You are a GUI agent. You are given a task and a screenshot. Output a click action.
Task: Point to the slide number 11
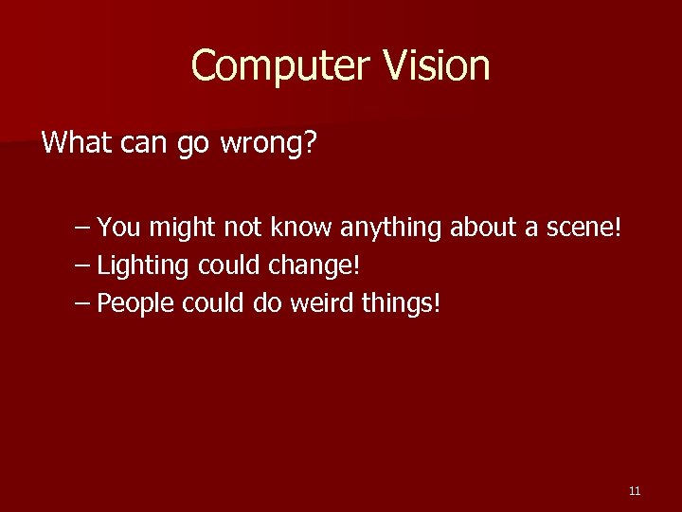[635, 490]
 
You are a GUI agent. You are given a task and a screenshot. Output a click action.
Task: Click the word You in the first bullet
[117, 228]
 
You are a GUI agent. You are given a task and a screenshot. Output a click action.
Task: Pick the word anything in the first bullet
[390, 228]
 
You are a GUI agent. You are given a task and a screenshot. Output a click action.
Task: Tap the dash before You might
[82, 228]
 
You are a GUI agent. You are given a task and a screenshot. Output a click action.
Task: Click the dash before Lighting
[82, 265]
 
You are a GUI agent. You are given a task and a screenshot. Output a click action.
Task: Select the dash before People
[82, 303]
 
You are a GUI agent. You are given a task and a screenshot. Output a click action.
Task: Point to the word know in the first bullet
[301, 228]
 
